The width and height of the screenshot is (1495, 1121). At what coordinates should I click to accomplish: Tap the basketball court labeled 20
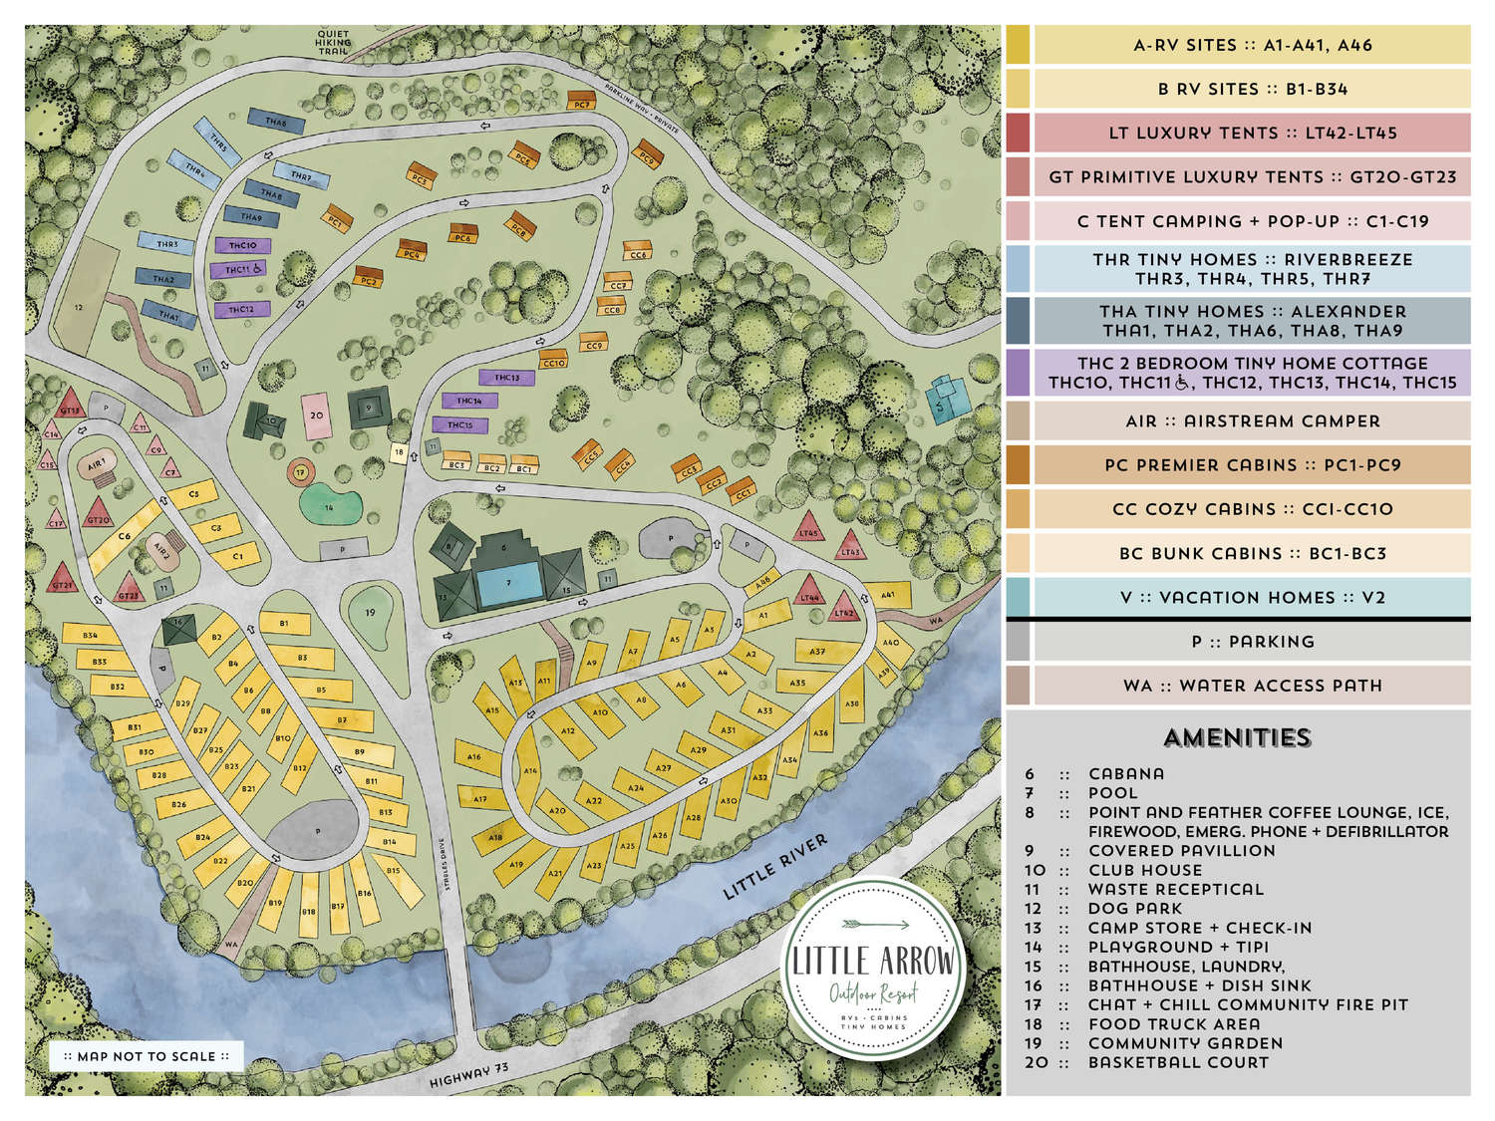pos(317,416)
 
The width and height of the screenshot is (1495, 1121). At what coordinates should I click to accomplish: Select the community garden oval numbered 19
pos(370,613)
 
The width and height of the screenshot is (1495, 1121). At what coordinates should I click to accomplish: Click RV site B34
pos(91,636)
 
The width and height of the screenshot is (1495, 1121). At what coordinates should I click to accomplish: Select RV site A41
pos(888,595)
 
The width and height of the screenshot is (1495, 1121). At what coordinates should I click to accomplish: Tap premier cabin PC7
pos(581,102)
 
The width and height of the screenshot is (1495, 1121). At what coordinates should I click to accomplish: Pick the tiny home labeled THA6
pos(276,123)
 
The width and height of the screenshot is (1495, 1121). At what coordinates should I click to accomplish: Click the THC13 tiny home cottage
pos(507,378)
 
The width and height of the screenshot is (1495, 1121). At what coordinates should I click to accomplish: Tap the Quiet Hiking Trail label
pos(333,41)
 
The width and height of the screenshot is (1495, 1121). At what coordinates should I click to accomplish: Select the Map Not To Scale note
pos(147,1056)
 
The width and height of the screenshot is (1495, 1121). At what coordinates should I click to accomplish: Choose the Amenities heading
pos(1237,737)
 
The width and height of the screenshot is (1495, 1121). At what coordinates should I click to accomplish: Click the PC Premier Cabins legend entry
pos(1251,464)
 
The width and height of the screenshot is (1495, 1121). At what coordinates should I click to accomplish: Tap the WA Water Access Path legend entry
pos(1251,686)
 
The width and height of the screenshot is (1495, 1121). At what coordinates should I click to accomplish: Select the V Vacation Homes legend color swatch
pos(1018,597)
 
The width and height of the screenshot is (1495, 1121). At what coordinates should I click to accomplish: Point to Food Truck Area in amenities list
pos(1173,1023)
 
